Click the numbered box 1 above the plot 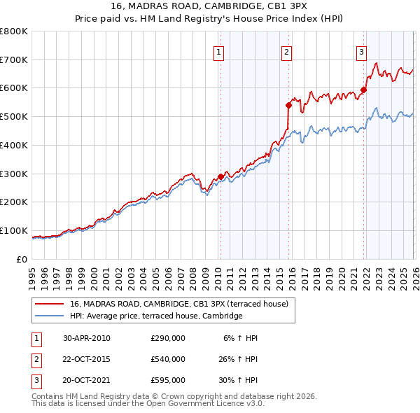219,52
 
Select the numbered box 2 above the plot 287,52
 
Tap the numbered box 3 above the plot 361,52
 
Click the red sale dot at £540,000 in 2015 288,105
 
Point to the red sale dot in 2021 364,89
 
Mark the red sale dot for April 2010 220,176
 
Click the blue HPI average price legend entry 155,316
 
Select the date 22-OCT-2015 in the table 87,359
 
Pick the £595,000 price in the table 168,381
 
